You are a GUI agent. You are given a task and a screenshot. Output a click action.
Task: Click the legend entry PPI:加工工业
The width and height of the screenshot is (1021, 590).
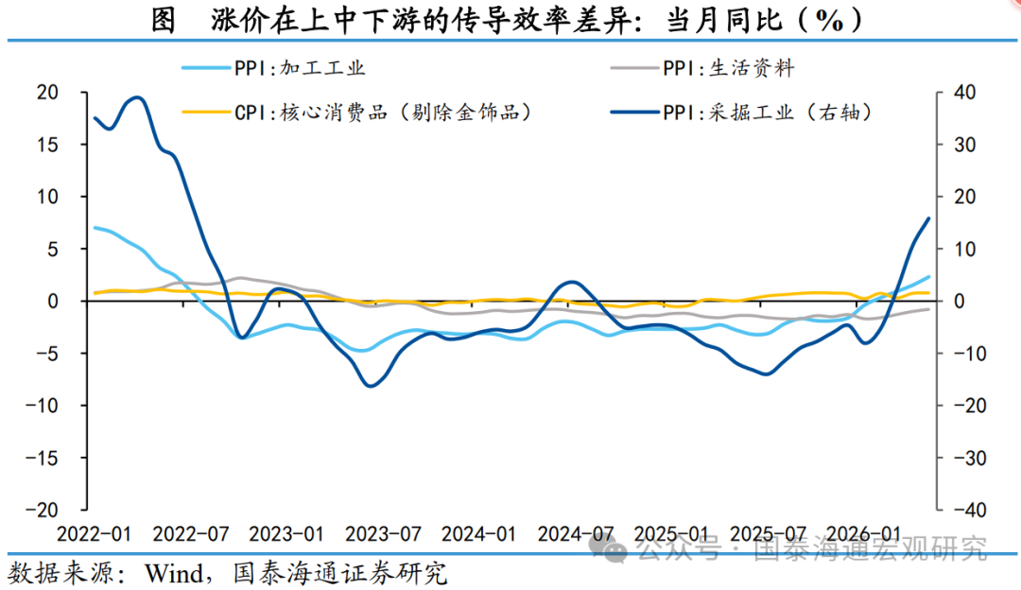[x=273, y=68]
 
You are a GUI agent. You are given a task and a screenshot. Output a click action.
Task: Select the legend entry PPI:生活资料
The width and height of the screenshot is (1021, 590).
[x=702, y=68]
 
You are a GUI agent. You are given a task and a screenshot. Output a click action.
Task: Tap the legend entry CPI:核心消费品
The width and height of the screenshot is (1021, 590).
[x=357, y=113]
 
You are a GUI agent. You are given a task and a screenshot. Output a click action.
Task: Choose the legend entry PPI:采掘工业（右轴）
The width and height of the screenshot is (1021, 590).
[x=742, y=113]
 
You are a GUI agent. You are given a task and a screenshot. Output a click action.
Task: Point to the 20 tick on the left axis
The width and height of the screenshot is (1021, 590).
[x=47, y=93]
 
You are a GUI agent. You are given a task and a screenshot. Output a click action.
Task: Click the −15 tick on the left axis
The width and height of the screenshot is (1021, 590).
[x=42, y=459]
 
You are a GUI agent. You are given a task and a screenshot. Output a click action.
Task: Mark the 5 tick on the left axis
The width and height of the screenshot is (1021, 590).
[x=53, y=250]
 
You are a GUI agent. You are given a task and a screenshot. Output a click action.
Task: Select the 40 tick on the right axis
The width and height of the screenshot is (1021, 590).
[x=965, y=93]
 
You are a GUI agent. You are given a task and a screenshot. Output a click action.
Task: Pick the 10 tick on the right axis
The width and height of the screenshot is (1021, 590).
[x=964, y=250]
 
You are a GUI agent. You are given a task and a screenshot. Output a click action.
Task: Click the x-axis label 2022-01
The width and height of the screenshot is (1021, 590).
[x=95, y=534]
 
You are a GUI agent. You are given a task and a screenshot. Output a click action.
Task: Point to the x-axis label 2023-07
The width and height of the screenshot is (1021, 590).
[x=383, y=534]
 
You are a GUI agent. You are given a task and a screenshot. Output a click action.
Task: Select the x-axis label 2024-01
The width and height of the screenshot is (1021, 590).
[x=478, y=534]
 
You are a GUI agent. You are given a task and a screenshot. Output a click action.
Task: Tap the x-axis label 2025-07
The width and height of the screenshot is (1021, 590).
[x=768, y=534]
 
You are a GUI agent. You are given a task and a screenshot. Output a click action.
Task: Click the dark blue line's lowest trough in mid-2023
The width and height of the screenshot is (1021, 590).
[x=371, y=386]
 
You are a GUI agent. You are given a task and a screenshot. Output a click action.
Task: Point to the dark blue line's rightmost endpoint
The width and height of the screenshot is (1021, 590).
[x=928, y=218]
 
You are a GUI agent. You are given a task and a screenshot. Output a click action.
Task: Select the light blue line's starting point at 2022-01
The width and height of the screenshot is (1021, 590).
[x=95, y=227]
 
